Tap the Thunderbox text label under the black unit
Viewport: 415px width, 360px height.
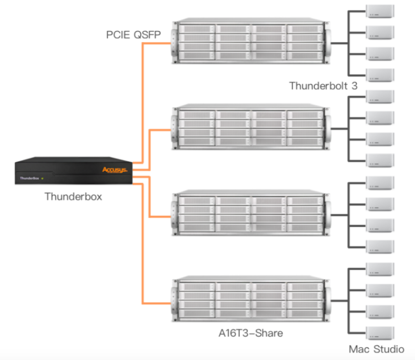(x=73, y=196)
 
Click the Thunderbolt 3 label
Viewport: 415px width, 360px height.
(x=323, y=86)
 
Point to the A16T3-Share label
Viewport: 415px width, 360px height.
(x=251, y=333)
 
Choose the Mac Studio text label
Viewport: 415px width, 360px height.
(x=376, y=349)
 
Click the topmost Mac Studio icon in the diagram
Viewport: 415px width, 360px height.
(x=380, y=11)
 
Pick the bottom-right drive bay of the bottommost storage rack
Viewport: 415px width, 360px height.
(x=304, y=312)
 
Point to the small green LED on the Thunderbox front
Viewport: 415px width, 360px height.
(x=43, y=179)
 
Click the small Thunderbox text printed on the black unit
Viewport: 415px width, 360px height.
(x=29, y=179)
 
